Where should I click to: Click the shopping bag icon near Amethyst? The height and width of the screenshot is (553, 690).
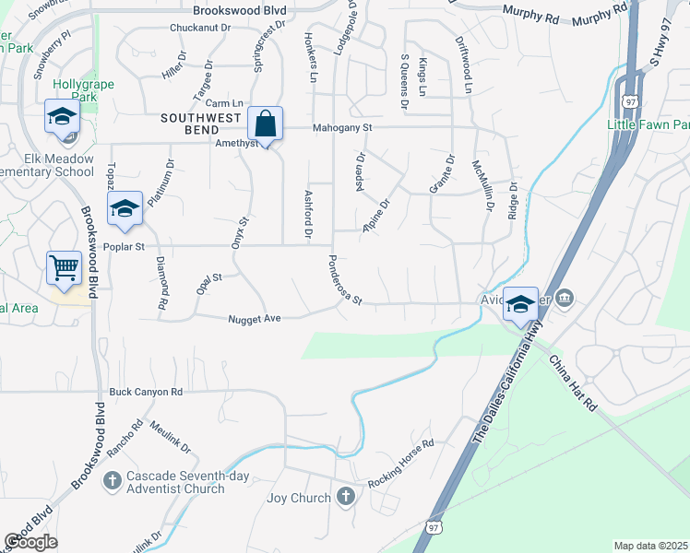(265, 124)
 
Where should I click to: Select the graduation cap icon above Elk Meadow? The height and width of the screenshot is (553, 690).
(63, 117)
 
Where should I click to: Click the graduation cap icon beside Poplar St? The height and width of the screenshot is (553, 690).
(125, 209)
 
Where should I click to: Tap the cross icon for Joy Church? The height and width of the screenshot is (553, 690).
(346, 498)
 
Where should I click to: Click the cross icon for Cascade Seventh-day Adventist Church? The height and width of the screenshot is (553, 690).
(113, 480)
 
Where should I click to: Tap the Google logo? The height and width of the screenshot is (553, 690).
(31, 542)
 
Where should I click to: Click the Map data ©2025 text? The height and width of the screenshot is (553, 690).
(650, 546)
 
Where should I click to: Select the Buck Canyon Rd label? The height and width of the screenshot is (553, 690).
(146, 392)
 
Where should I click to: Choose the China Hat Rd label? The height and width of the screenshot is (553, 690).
(573, 384)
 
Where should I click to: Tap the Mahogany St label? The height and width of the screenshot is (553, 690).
(341, 128)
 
